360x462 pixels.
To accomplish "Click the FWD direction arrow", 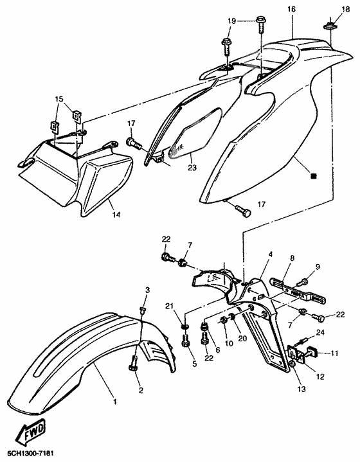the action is click(x=31, y=432).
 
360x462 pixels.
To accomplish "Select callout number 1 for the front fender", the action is click(x=115, y=402).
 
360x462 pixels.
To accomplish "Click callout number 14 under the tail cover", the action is click(x=116, y=215).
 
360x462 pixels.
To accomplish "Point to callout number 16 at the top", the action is click(x=291, y=9).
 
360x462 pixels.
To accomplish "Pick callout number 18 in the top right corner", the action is click(x=346, y=9).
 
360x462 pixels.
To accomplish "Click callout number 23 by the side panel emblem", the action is click(x=192, y=167).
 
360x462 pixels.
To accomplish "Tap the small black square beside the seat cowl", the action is click(x=314, y=176).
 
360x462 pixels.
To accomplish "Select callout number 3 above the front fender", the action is click(x=147, y=290).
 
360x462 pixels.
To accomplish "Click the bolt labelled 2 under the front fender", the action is click(x=133, y=363).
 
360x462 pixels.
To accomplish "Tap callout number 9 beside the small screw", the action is click(x=318, y=267).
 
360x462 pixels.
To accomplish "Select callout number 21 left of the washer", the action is click(x=169, y=307).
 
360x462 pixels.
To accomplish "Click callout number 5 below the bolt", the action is click(x=194, y=364).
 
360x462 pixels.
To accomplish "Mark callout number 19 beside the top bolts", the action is click(x=231, y=21).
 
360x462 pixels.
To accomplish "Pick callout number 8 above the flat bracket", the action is click(x=292, y=258).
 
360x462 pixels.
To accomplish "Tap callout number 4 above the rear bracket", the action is click(x=271, y=254).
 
